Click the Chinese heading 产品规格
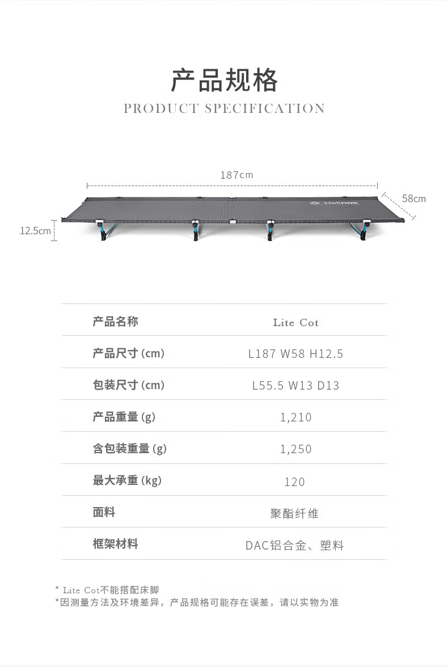[224, 81]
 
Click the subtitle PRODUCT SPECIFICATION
[224, 108]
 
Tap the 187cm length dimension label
[236, 175]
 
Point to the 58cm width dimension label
[413, 199]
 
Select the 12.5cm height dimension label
[35, 231]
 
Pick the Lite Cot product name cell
[295, 323]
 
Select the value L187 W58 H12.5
[295, 354]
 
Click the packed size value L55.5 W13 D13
[295, 386]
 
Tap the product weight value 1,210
[295, 418]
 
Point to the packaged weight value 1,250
[295, 450]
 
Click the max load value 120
[294, 482]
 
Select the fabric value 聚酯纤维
[294, 514]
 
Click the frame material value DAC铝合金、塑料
[294, 546]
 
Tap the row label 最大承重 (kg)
[127, 481]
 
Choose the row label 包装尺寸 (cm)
[128, 386]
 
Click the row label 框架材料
[115, 544]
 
